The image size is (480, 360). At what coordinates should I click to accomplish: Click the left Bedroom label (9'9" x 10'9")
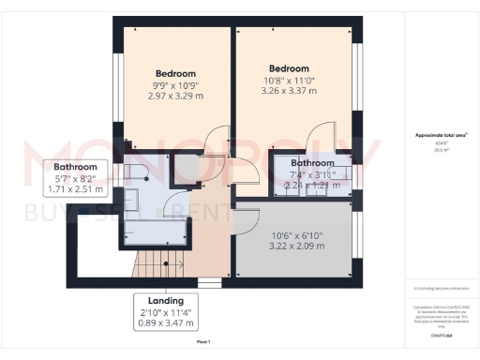point(175,74)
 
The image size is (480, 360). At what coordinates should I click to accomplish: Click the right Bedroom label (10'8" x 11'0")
point(289,68)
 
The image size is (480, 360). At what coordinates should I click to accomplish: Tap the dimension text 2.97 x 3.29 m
point(175,97)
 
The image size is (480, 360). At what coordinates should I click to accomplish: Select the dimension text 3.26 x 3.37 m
point(289,91)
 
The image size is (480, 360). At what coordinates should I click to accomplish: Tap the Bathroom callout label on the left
point(75,167)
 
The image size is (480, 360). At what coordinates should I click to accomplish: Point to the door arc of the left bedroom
point(215,141)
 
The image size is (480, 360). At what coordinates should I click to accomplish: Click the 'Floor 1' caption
point(203,340)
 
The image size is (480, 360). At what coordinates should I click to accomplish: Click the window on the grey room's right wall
point(357,238)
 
